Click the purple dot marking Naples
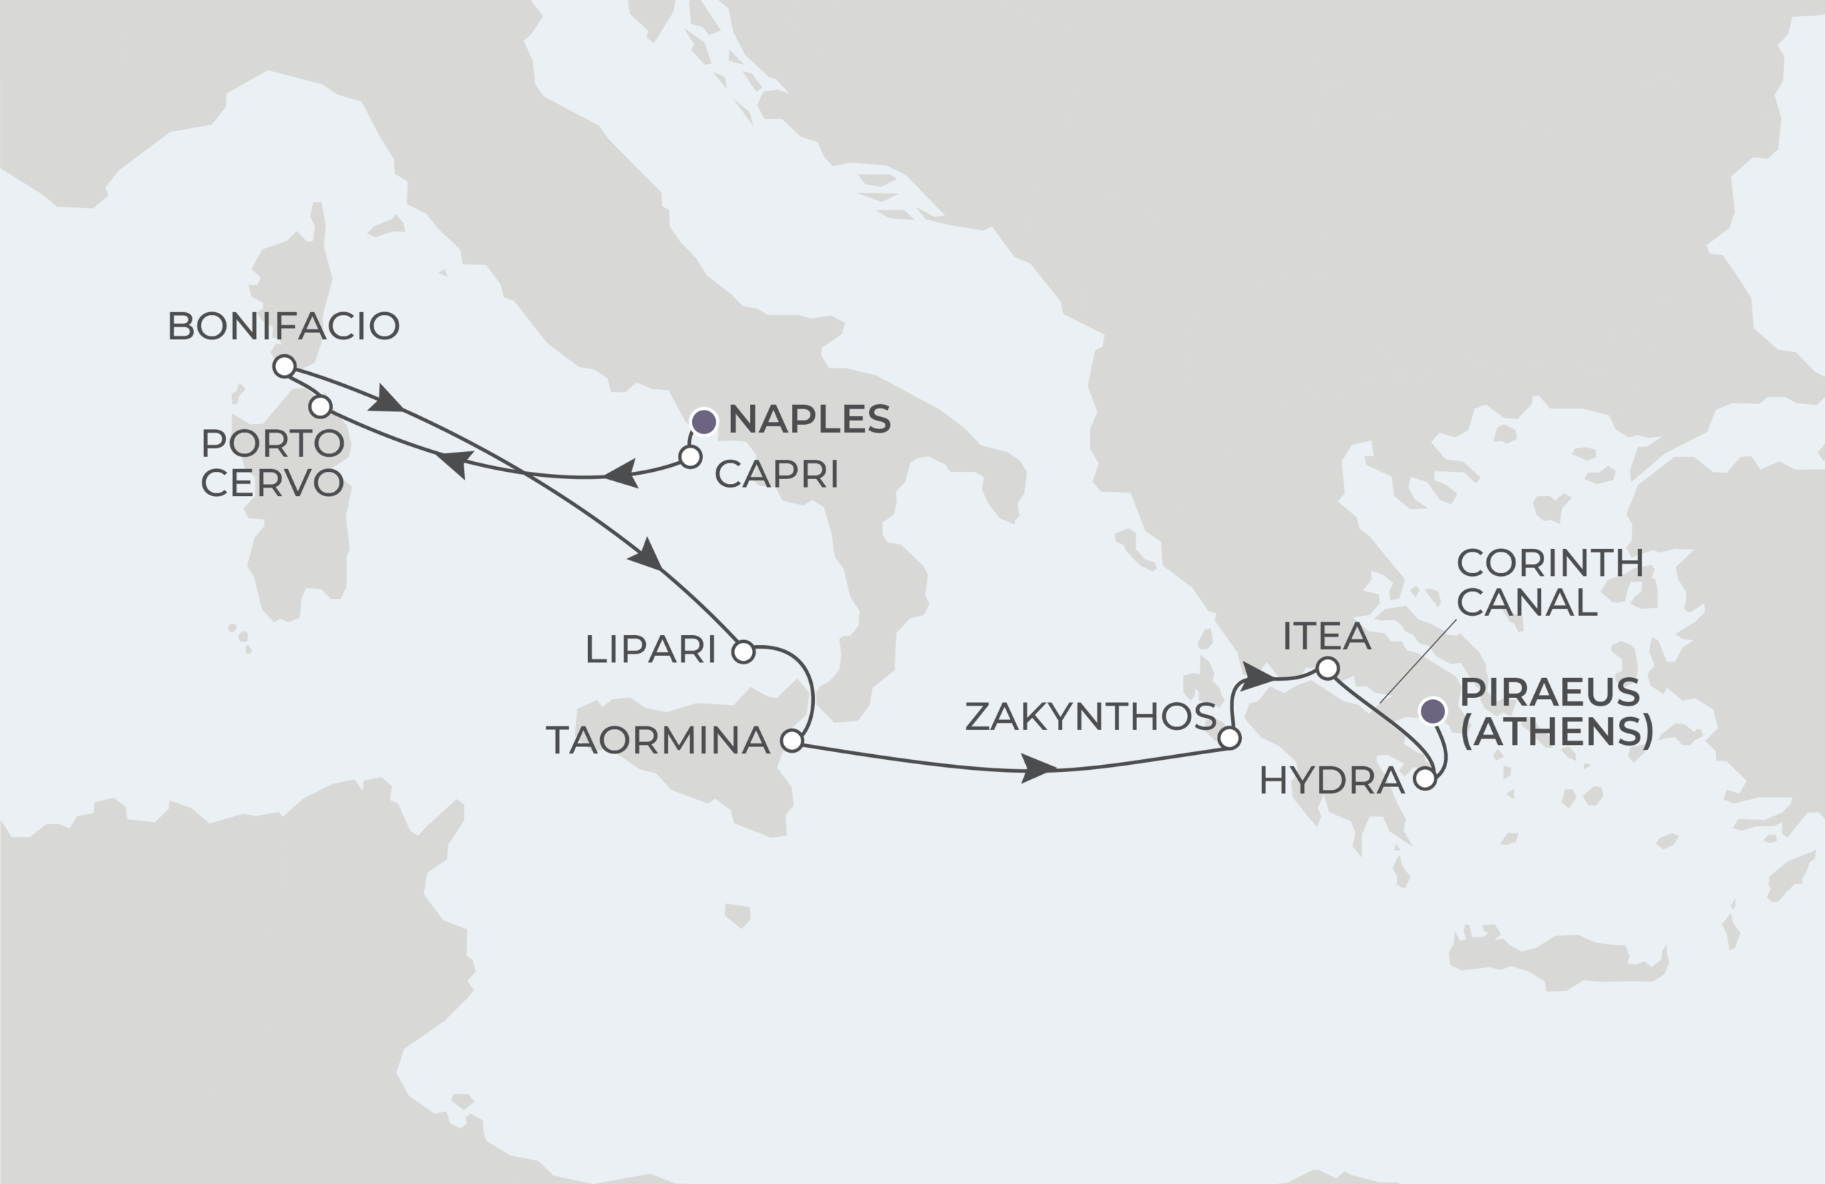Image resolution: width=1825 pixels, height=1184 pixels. (704, 422)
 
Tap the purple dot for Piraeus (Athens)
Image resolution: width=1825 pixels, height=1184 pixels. (1432, 711)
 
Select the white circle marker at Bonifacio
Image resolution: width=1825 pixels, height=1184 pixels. (284, 366)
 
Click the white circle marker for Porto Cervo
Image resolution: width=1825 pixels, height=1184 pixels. (321, 406)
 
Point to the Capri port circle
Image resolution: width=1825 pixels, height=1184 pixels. (690, 458)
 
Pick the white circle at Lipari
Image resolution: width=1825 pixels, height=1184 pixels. (743, 652)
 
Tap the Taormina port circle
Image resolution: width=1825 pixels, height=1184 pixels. (791, 741)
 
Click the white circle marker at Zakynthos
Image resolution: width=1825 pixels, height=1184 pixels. (1229, 738)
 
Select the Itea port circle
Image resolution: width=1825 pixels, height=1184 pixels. (1327, 669)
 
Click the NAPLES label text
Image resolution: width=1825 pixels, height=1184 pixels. (809, 419)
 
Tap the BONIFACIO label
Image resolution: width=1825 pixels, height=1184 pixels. (283, 326)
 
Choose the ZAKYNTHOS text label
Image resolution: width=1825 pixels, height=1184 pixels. (1089, 716)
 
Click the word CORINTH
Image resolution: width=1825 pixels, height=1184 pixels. (1549, 564)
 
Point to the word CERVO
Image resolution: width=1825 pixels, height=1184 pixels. (272, 483)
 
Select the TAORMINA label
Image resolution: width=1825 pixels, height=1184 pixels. (658, 741)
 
